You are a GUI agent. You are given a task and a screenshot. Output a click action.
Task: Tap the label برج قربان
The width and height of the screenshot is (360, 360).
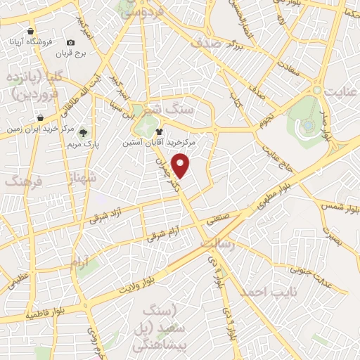(91, 53)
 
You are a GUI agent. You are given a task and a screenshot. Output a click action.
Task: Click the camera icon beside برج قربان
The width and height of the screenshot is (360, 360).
(70, 42)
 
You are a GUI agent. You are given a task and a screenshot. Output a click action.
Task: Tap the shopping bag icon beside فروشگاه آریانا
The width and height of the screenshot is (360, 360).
(30, 32)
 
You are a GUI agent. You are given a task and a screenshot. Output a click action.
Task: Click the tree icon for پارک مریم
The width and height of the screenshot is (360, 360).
(84, 131)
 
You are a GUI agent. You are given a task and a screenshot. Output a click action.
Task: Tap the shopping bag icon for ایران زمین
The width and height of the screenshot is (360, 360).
(41, 117)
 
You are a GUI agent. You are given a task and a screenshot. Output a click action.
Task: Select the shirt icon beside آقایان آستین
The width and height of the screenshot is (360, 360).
(159, 131)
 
